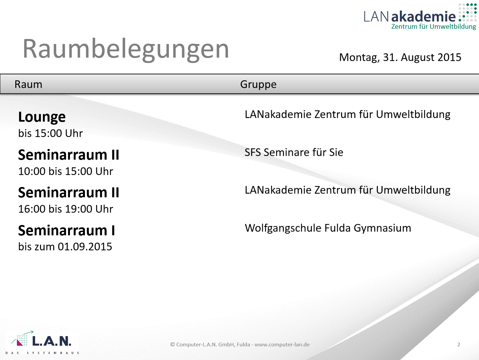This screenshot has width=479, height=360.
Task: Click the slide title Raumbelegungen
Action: click(x=126, y=49)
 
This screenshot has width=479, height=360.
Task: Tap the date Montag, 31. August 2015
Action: click(x=400, y=58)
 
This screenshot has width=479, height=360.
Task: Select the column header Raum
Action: click(x=28, y=84)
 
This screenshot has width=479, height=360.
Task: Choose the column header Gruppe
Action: click(x=258, y=85)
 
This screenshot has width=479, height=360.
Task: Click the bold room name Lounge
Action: click(x=42, y=117)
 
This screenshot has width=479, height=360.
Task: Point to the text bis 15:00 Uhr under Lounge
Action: click(x=50, y=133)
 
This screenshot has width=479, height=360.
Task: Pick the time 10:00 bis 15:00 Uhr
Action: click(x=66, y=171)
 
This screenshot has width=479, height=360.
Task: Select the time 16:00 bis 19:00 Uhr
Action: click(x=66, y=209)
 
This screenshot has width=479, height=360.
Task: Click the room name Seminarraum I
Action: click(x=67, y=230)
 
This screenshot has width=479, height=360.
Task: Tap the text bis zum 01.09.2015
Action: click(x=65, y=247)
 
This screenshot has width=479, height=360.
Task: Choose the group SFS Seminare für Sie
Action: click(x=294, y=152)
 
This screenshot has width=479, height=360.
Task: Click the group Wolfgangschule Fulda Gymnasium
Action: click(x=328, y=228)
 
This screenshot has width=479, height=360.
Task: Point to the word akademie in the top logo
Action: click(x=423, y=16)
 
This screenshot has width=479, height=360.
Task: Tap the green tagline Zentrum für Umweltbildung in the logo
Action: click(x=434, y=27)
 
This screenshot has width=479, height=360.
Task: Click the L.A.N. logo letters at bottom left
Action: click(x=52, y=341)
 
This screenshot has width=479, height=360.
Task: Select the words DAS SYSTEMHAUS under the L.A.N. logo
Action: click(x=42, y=353)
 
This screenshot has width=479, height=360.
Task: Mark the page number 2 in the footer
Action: click(x=458, y=344)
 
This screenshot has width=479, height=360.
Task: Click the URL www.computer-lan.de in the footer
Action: click(x=282, y=344)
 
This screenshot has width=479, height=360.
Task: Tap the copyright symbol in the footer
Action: click(x=173, y=344)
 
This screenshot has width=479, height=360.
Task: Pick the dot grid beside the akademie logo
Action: click(x=468, y=12)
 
